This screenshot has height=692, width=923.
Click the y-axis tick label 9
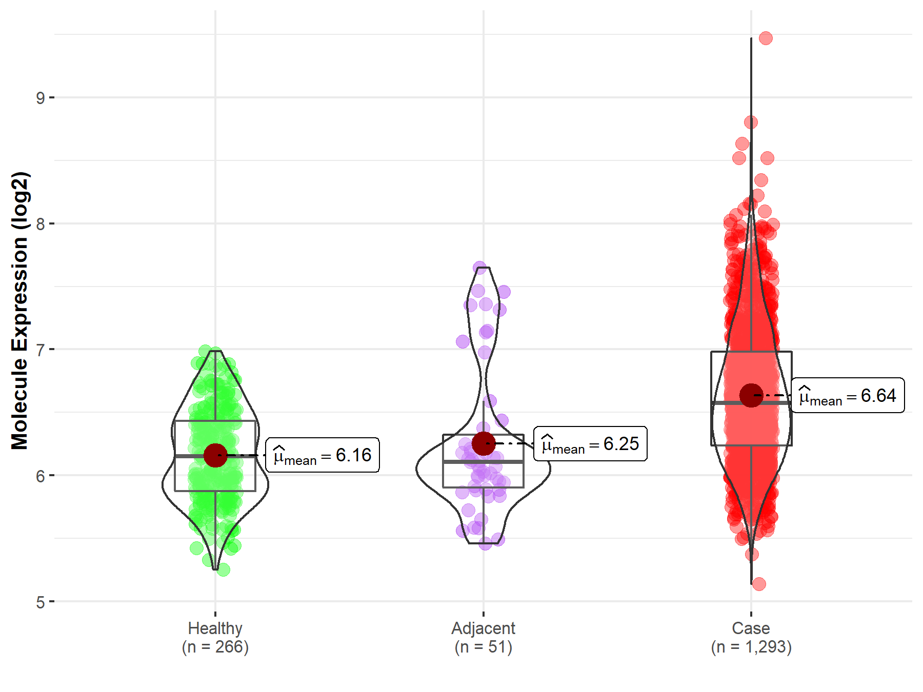point(41,97)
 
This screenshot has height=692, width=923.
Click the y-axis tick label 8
point(41,223)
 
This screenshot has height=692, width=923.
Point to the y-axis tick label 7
point(41,350)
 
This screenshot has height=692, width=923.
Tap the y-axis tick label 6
point(41,476)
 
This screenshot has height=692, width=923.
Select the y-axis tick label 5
point(41,602)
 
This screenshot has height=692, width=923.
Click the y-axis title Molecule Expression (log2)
point(19,311)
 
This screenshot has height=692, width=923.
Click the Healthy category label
point(215,628)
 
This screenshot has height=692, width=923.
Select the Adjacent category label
point(483,628)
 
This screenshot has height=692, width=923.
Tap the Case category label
point(751,628)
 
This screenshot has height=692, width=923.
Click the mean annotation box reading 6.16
point(323,455)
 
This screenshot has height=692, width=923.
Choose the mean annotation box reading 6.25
point(590,444)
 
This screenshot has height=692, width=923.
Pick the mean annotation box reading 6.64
point(848,396)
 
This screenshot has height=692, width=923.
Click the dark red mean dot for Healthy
point(215,455)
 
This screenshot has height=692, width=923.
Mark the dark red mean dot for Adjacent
point(484,443)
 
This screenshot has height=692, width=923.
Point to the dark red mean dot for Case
point(751,395)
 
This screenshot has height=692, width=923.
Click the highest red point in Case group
point(766,38)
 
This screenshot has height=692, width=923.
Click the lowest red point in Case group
point(759,584)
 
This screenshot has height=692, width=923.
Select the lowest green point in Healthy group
point(223,569)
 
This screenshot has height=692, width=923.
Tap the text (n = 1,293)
point(751,647)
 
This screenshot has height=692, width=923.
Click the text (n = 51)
point(483,647)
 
